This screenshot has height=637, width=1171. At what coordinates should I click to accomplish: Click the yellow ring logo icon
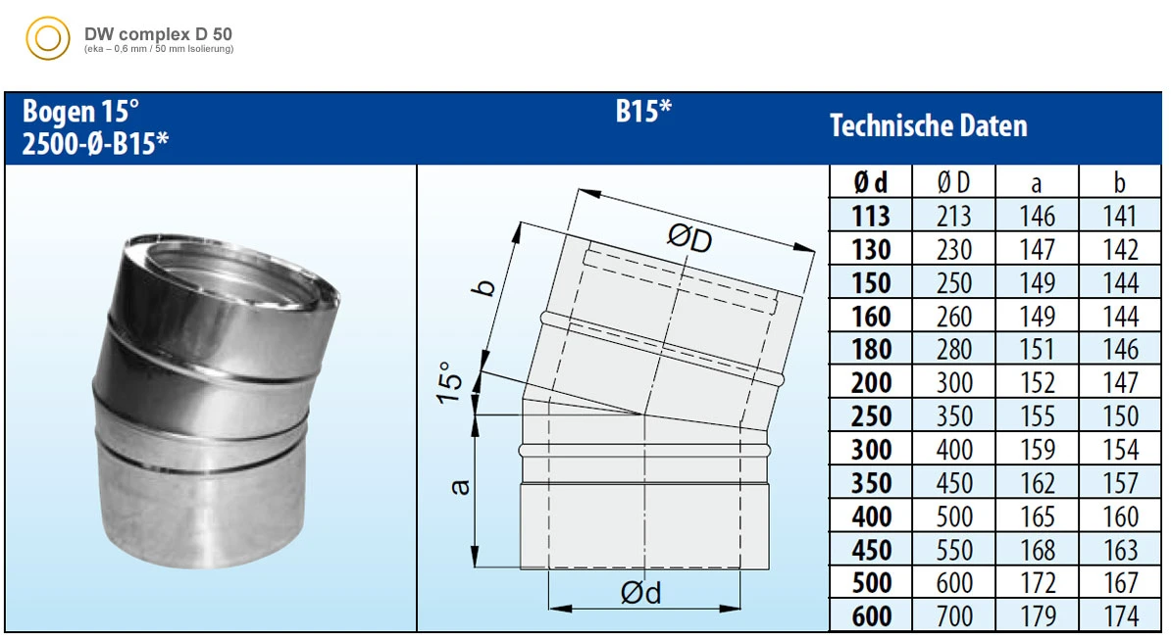(x=48, y=38)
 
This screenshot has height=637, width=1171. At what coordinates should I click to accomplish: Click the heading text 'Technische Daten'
(x=929, y=125)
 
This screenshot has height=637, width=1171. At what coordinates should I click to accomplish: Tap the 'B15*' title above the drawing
(x=643, y=111)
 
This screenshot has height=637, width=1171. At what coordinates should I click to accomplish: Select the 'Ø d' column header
(x=871, y=182)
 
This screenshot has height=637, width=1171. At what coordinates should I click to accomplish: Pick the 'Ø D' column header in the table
(x=953, y=182)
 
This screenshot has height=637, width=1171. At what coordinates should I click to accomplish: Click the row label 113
(x=871, y=217)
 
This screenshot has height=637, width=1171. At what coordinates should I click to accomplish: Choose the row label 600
(x=871, y=616)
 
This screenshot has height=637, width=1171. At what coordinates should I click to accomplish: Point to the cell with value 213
(x=953, y=217)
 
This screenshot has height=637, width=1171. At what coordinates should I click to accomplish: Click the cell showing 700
(x=953, y=616)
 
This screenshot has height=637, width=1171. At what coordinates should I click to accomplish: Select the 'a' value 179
(x=1038, y=616)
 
